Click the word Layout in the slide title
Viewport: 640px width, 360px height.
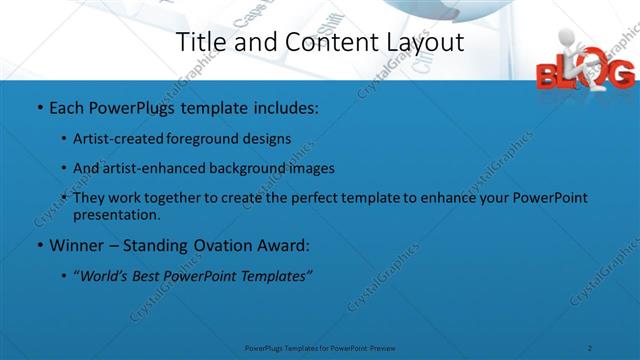pyautogui.click(x=424, y=42)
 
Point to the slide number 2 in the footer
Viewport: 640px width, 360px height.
pyautogui.click(x=591, y=348)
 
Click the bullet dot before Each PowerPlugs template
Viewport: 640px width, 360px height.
pyautogui.click(x=38, y=106)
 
